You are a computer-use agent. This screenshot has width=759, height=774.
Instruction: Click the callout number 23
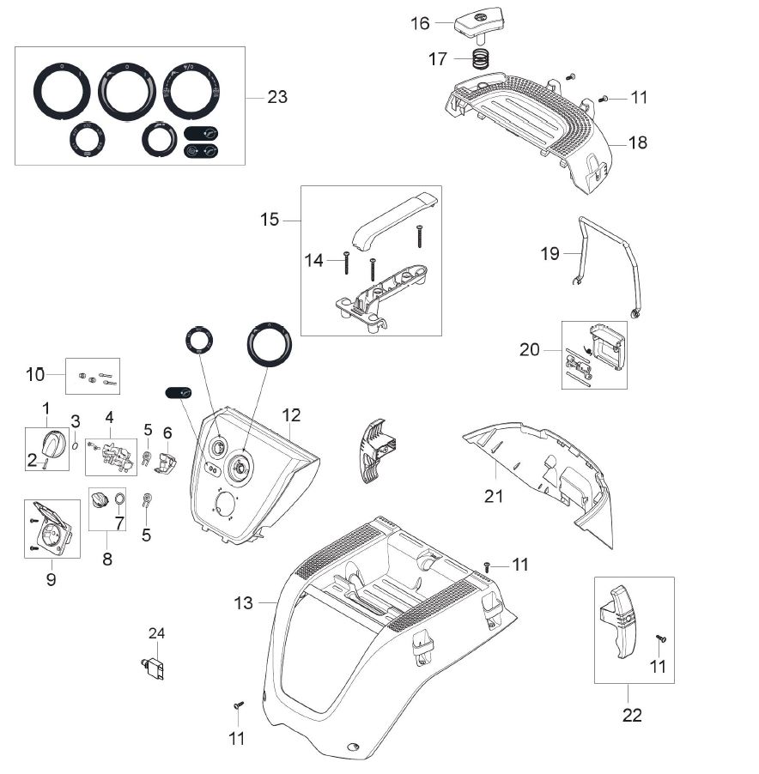tap(276, 97)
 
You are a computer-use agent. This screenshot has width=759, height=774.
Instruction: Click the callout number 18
tap(637, 142)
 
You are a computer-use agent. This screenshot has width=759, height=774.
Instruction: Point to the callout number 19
tap(550, 253)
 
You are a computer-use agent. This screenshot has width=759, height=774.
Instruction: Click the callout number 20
tap(529, 349)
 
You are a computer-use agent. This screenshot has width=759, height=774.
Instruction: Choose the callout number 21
tap(494, 496)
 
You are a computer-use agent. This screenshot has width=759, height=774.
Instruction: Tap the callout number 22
tap(632, 715)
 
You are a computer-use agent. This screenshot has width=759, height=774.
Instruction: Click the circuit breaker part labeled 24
tap(156, 667)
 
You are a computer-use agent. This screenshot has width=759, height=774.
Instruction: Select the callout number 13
tap(244, 603)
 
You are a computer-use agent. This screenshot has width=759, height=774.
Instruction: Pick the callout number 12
tap(292, 415)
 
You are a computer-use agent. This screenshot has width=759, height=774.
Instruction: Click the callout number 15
tap(270, 220)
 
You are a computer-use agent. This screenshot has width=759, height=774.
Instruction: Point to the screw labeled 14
tap(345, 261)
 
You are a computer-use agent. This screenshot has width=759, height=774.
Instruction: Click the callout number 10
tap(35, 374)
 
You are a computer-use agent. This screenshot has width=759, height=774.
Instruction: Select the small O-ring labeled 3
tap(76, 444)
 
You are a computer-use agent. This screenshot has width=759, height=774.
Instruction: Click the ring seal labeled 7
tap(119, 499)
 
